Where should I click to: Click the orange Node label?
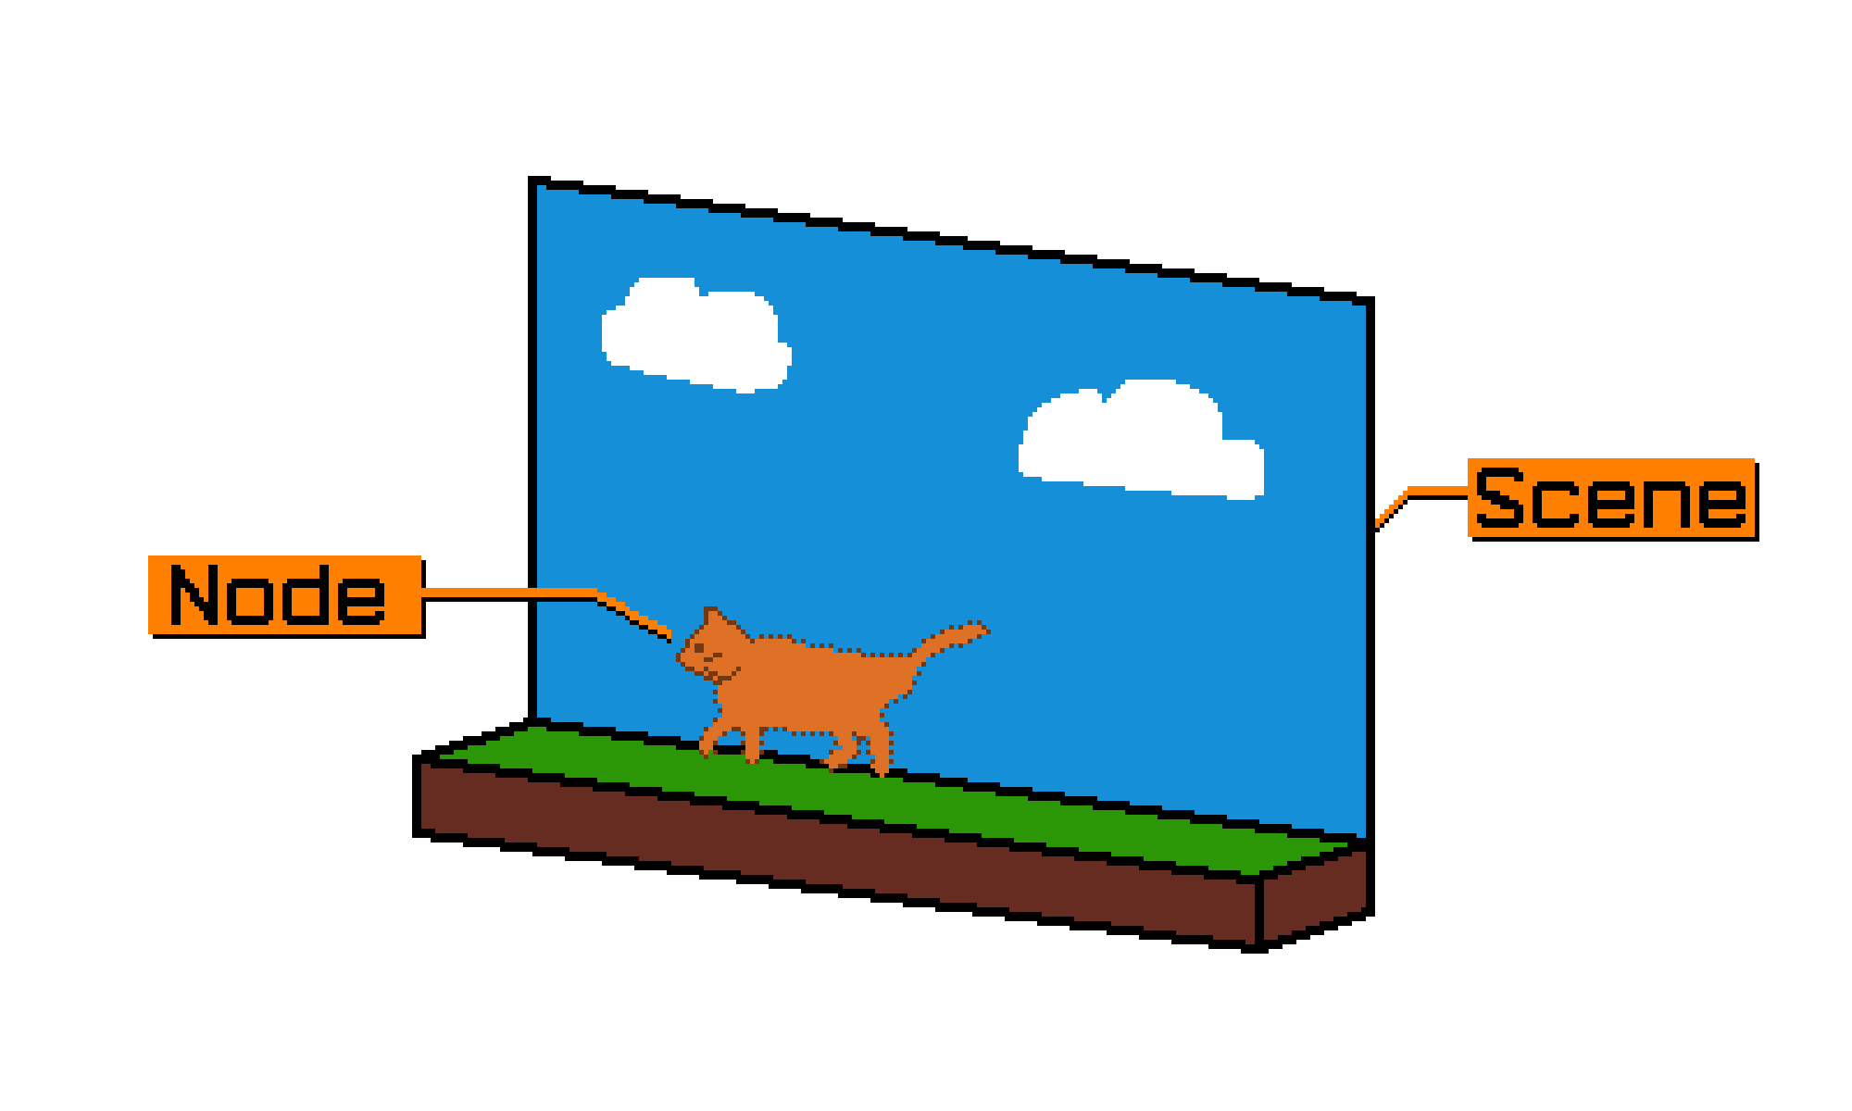284,594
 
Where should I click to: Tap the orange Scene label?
1610,497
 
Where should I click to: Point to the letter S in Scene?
1499,498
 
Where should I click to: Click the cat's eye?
700,647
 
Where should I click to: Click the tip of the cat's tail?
983,630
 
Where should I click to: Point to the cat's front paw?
706,748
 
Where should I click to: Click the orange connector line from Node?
509,593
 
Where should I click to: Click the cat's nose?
681,657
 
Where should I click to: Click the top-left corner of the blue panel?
540,189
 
